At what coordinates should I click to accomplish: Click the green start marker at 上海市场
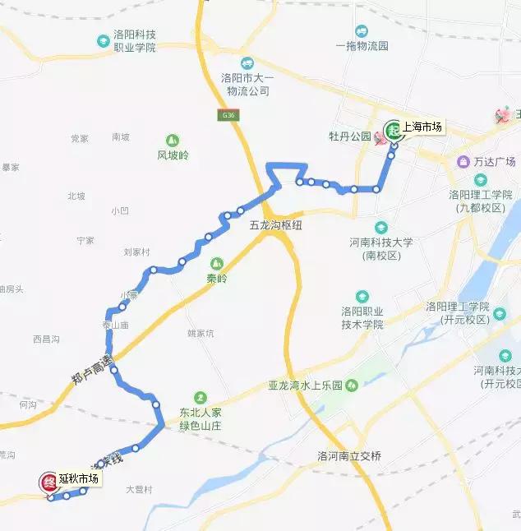(393, 130)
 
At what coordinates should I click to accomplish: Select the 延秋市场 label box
(79, 478)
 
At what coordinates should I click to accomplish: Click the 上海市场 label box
(422, 127)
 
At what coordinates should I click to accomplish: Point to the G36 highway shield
(228, 115)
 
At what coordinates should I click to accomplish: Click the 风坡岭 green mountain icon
(173, 141)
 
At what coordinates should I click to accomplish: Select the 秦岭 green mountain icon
(217, 264)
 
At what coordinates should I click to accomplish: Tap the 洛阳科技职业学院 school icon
(104, 39)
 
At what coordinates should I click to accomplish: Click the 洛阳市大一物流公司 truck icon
(247, 63)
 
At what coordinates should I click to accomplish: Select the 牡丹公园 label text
(349, 136)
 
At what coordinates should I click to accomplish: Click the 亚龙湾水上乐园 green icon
(352, 385)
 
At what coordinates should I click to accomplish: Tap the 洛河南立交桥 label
(348, 455)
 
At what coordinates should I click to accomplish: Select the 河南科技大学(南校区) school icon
(381, 227)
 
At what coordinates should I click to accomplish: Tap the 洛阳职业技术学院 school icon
(362, 297)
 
